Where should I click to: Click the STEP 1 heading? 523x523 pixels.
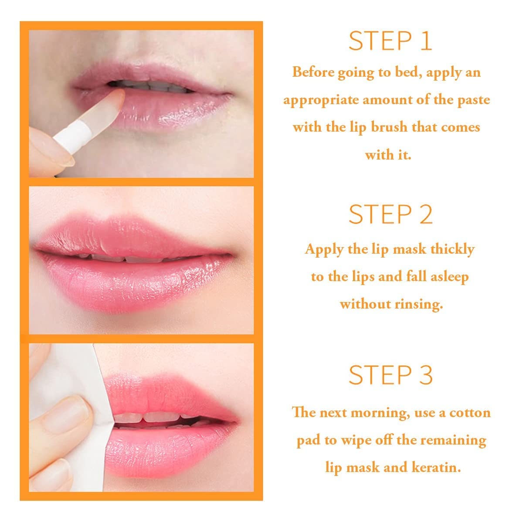390,41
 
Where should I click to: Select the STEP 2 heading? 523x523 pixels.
390,214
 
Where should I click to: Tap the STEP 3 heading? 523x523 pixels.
390,374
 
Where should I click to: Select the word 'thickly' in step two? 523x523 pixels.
452,249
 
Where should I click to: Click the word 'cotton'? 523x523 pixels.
470,412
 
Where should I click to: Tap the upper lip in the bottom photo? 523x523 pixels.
166,388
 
